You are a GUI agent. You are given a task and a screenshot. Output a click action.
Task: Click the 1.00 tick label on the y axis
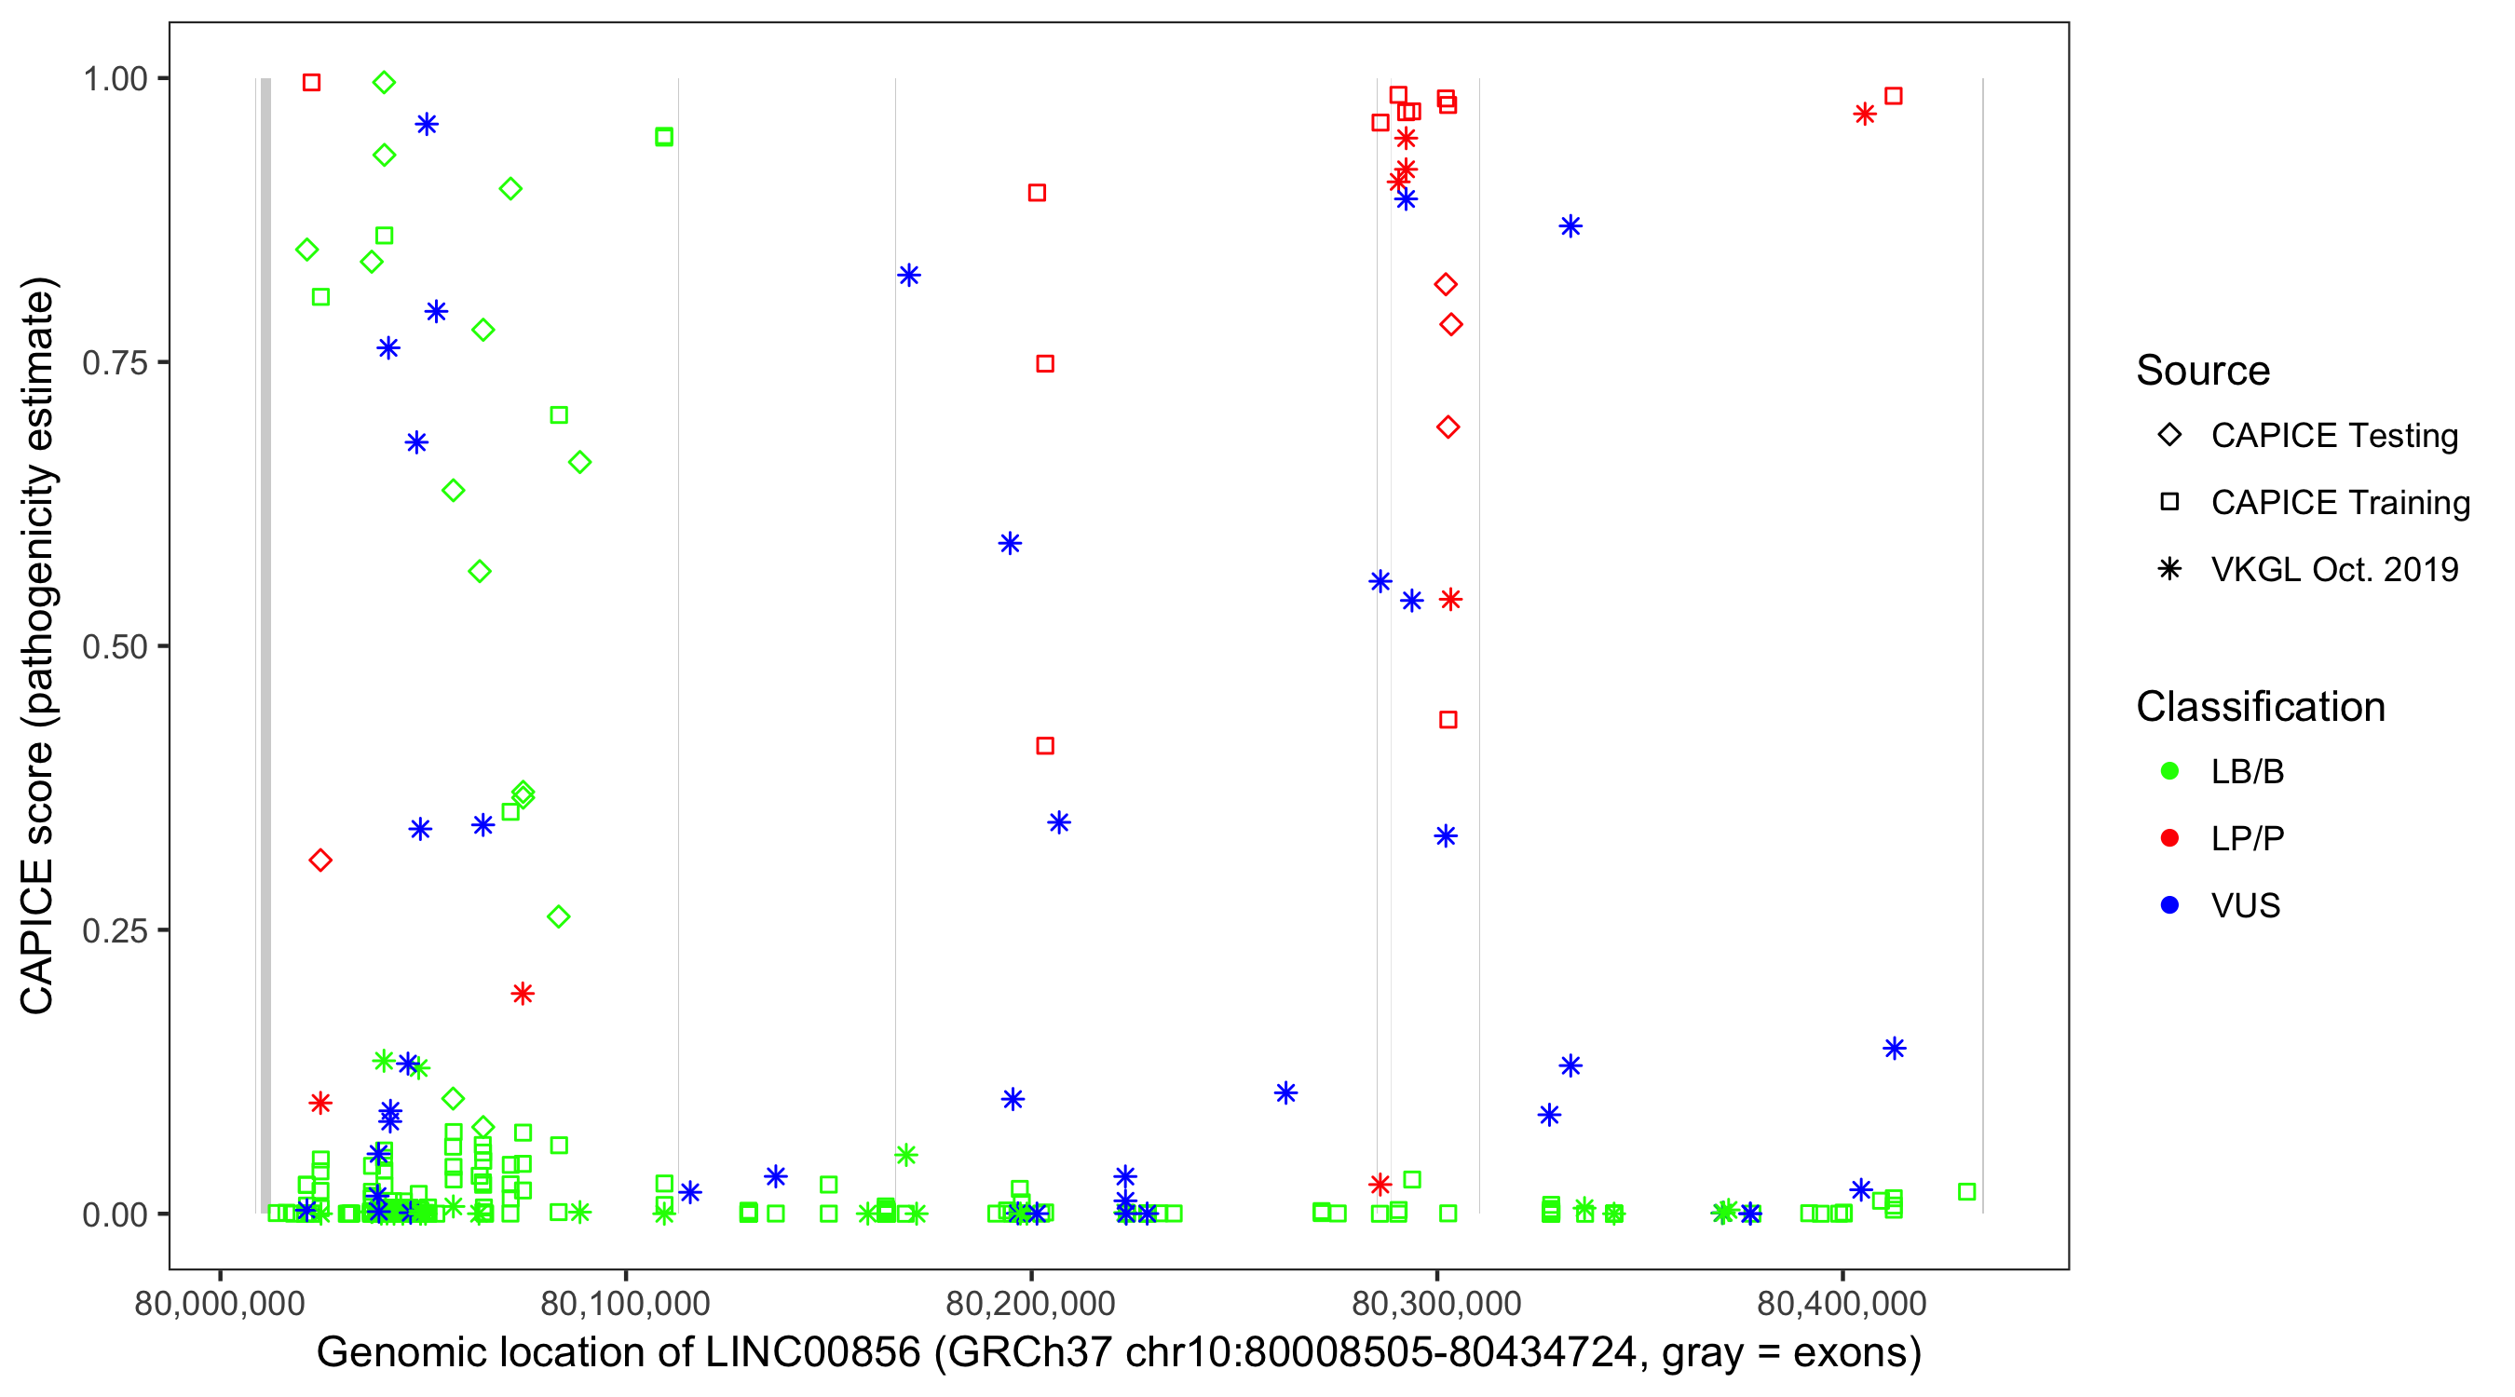[114, 79]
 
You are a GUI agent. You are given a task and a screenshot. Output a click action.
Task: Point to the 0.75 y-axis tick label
[114, 363]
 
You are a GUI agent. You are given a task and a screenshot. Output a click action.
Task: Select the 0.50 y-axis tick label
[114, 647]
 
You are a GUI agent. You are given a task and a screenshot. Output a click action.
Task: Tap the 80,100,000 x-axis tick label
[625, 1303]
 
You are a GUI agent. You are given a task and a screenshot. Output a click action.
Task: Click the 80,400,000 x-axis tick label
[1842, 1303]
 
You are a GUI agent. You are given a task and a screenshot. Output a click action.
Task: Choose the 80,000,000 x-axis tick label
[220, 1303]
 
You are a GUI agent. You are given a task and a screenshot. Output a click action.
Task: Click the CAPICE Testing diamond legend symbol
[2169, 436]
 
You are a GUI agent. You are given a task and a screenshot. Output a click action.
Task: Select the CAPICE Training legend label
[2340, 503]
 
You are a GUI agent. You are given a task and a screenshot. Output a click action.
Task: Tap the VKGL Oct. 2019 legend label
[2334, 570]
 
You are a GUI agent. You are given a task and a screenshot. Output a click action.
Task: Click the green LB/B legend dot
[2169, 771]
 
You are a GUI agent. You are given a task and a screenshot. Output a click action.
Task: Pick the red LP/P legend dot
[2169, 838]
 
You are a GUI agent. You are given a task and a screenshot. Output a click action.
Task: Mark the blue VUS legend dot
[2169, 906]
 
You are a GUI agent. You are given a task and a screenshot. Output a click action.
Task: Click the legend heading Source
[2203, 371]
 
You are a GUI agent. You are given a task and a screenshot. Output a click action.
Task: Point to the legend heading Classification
[2260, 707]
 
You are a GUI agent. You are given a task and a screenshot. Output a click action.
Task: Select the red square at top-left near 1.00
[311, 83]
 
